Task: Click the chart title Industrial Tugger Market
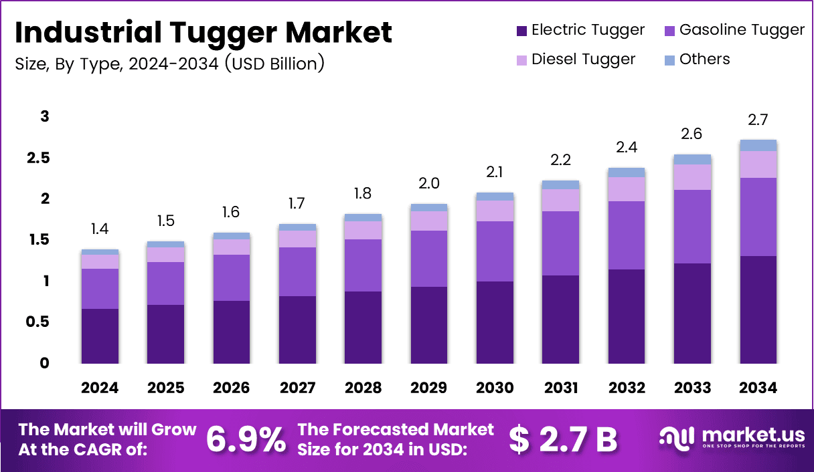tap(203, 33)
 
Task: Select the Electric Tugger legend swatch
tap(522, 30)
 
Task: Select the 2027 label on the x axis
tap(297, 388)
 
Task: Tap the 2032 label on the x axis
tap(627, 388)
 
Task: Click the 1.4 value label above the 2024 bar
tap(100, 230)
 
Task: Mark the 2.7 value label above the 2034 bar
tap(758, 120)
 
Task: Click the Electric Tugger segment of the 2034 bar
tap(758, 310)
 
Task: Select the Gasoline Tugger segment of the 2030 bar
tap(495, 251)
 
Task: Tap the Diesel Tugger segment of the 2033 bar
tap(693, 177)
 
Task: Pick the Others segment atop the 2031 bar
tap(560, 185)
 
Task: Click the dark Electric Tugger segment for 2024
tap(100, 336)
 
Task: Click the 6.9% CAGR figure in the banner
tap(245, 439)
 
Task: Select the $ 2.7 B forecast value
tap(563, 439)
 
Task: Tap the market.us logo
tap(730, 439)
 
